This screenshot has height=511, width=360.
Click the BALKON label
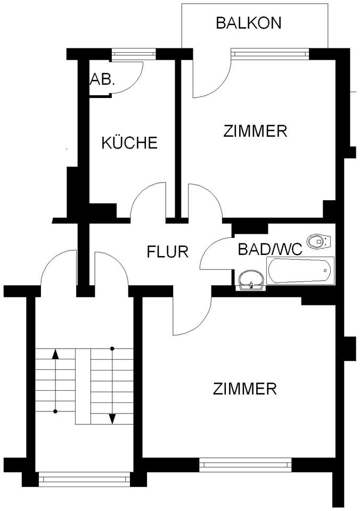point(248,23)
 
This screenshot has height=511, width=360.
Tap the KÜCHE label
point(129,143)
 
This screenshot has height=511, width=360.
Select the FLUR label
point(168,251)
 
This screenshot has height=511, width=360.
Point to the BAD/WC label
point(270,248)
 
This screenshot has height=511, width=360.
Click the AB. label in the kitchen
point(103,79)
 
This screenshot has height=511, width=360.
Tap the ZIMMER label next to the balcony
point(256,130)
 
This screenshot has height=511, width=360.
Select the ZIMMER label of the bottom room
point(244,389)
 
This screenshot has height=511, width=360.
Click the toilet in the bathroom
point(320,241)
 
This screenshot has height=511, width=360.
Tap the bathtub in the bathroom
point(300,270)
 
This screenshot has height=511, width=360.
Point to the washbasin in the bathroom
point(251,280)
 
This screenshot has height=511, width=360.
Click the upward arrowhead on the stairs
point(55,354)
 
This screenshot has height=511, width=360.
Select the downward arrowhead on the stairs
point(112,419)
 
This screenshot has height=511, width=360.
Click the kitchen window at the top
point(134,53)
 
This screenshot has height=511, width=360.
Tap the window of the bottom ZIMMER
point(246,465)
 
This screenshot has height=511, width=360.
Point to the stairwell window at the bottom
point(85,479)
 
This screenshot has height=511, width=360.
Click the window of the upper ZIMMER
point(269,53)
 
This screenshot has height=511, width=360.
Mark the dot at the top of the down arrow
point(112,349)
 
